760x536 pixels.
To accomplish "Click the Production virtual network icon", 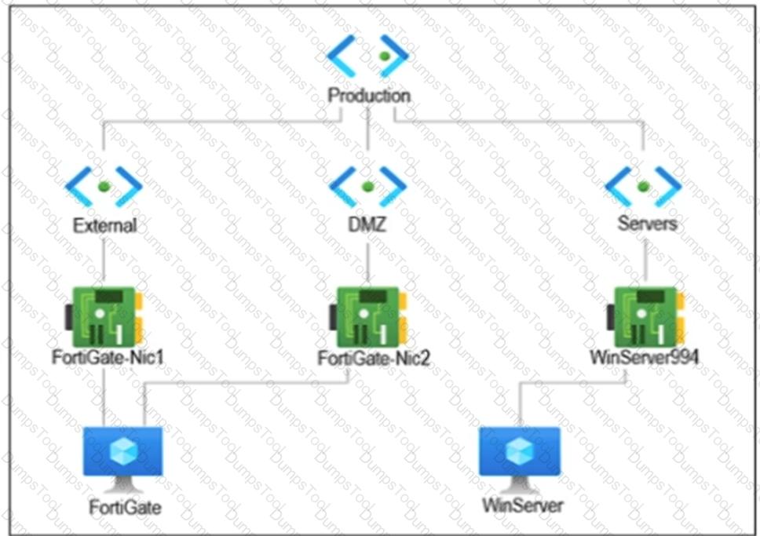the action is tap(367, 56).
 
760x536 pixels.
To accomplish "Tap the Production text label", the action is tap(369, 96).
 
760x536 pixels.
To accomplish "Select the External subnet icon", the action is tap(104, 187).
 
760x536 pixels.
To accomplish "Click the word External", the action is tap(104, 225).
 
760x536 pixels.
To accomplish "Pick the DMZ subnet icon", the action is tap(367, 187).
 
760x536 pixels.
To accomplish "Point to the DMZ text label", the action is tap(367, 224).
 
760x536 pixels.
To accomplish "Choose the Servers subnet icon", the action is tap(644, 187).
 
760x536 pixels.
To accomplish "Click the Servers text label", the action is tap(647, 224).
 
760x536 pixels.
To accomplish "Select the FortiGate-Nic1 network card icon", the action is tap(104, 317).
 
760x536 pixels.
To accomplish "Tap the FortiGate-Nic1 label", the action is tap(108, 357).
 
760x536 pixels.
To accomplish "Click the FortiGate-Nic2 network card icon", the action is tap(368, 317).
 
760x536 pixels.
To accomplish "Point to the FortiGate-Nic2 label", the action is tap(374, 358).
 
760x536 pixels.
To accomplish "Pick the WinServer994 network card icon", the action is tap(645, 317).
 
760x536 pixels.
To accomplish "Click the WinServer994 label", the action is tap(644, 357).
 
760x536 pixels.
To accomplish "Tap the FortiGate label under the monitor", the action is tap(125, 508).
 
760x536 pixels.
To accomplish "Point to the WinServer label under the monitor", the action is tap(523, 505).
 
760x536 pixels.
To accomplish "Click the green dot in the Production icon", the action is tap(385, 57).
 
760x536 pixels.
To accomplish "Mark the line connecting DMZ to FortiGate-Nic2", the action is tap(367, 261).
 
